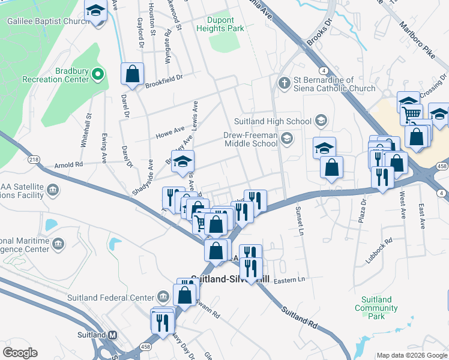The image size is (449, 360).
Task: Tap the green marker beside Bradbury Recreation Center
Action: coord(98,75)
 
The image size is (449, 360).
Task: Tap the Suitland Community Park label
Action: coord(376,307)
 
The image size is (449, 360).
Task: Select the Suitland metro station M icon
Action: coord(112,335)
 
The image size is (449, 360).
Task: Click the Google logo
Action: coord(20,353)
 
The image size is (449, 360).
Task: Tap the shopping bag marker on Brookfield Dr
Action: coord(132,74)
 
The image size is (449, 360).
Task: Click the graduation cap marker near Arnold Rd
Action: coord(183,161)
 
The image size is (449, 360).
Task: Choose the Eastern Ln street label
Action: coord(291,280)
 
